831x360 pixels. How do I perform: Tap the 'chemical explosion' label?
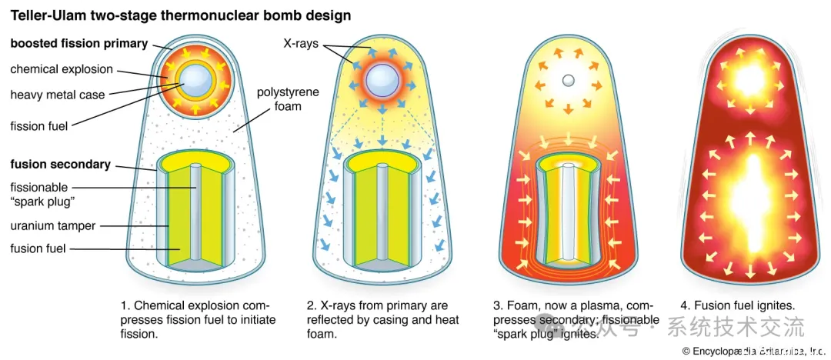pos(62,69)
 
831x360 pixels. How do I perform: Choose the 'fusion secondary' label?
pos(60,164)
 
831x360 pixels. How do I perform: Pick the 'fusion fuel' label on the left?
pos(38,248)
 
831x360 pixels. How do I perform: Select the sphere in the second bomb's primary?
pos(382,79)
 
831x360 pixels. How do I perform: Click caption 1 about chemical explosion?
pos(198,319)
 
